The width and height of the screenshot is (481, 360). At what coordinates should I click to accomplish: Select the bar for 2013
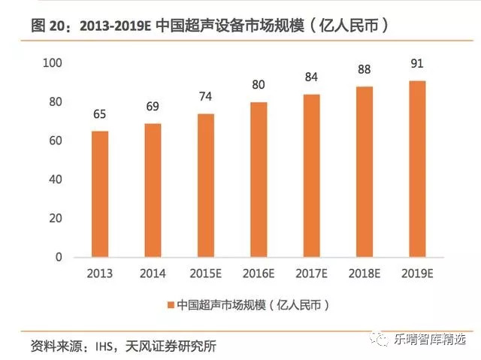[100, 194]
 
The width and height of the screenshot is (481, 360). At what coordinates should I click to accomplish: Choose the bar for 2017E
[311, 175]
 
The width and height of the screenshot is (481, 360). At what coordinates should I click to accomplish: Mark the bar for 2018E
[364, 171]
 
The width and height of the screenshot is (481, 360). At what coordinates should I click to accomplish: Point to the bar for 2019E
[416, 168]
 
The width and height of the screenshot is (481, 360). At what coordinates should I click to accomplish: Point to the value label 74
[205, 98]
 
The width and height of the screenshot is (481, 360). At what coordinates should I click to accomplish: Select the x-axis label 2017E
[311, 273]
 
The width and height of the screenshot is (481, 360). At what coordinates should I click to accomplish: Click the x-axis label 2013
[100, 273]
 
